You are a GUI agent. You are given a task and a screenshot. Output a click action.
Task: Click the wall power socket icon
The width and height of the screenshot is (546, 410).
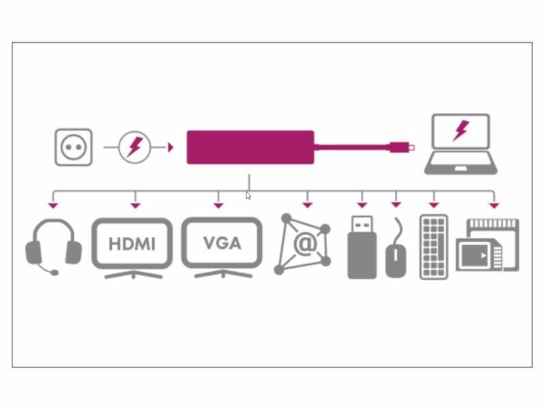pos(73,147)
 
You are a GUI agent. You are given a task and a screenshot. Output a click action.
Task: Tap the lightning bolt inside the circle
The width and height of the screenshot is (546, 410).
pos(135,147)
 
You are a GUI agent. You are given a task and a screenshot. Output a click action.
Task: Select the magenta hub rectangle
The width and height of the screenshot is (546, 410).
pos(250,147)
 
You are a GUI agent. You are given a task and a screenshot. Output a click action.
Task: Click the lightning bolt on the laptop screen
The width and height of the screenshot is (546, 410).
pos(461,130)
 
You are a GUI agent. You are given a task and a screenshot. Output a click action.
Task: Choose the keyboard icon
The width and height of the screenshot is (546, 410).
pos(434,247)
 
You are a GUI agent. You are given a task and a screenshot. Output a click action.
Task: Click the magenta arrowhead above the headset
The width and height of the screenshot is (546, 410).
pos(53,204)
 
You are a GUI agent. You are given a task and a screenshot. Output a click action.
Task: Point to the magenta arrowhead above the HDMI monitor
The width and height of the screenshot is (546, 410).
pos(136,204)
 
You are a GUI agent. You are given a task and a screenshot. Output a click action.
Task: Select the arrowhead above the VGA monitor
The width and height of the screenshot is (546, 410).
pos(218,204)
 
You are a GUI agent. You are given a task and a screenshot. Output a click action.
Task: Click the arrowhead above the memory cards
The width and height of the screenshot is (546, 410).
pos(494,204)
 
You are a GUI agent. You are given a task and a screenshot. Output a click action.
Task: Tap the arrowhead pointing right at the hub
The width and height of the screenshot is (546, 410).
pos(171,147)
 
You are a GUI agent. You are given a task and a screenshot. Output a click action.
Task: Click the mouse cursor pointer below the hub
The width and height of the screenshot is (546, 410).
pos(248,195)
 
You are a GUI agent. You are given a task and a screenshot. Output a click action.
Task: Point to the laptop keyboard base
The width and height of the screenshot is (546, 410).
pos(461,166)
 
